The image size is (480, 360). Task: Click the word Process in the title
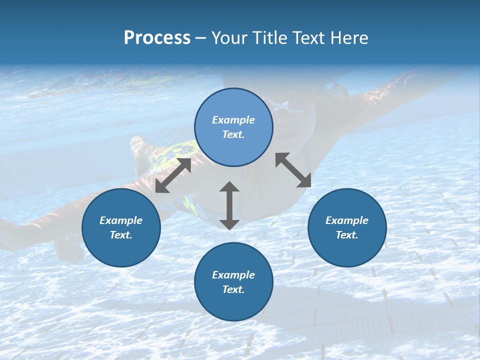click(x=157, y=38)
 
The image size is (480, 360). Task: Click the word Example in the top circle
click(x=233, y=120)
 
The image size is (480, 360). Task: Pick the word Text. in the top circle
click(x=233, y=134)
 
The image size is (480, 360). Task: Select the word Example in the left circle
click(x=121, y=220)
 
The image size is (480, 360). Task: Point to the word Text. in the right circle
click(x=347, y=235)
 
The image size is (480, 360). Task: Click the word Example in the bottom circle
click(x=233, y=275)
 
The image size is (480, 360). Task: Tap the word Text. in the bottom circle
click(x=233, y=289)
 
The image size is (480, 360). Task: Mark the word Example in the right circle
click(x=347, y=220)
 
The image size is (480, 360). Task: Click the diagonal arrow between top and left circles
click(x=173, y=175)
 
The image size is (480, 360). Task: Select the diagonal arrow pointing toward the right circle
click(x=293, y=170)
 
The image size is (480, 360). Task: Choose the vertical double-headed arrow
click(x=229, y=205)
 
